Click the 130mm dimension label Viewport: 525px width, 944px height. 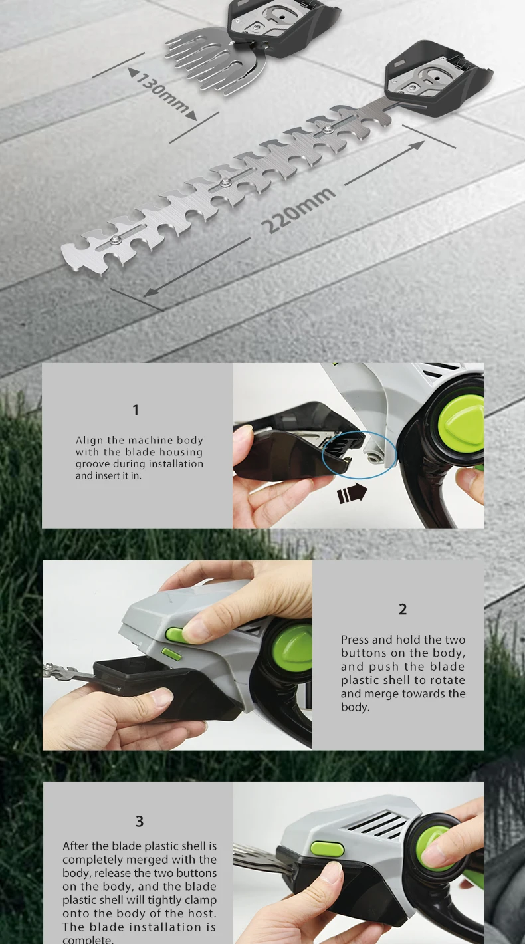[x=163, y=94]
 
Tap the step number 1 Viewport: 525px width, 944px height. [x=136, y=410]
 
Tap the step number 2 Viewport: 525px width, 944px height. [x=403, y=610]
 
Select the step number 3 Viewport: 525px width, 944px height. [x=140, y=821]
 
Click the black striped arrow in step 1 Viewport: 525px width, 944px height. [x=352, y=493]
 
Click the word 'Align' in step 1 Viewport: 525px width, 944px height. [x=90, y=441]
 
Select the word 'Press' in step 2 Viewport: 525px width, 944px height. [x=355, y=640]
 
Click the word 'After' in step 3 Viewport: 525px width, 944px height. [x=76, y=846]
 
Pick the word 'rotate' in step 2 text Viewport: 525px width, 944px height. [x=447, y=680]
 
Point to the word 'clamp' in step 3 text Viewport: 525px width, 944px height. [x=199, y=900]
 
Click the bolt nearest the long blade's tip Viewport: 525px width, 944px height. [x=114, y=240]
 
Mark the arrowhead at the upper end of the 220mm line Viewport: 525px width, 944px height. [x=417, y=144]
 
